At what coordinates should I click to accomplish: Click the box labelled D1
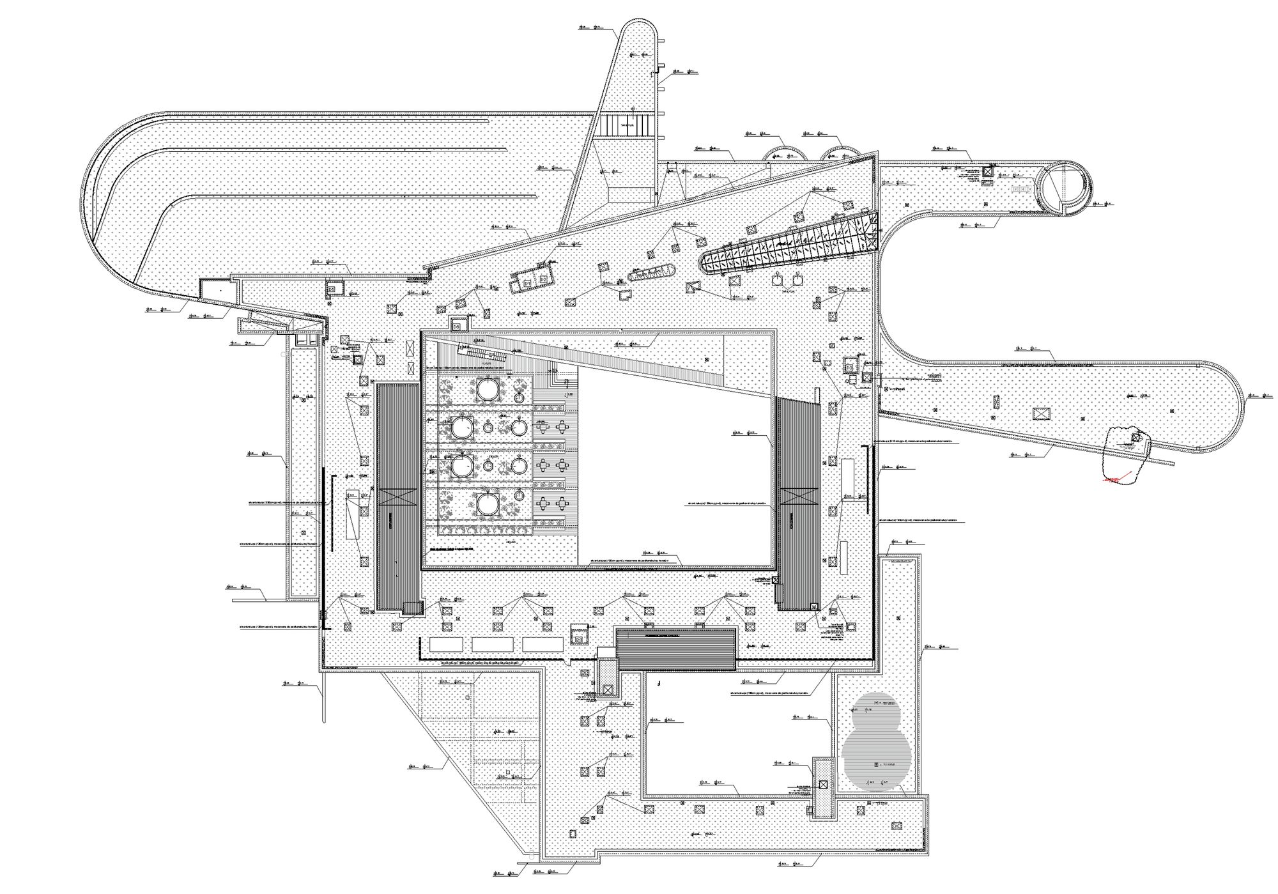(527, 282)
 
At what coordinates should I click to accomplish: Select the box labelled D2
(543, 280)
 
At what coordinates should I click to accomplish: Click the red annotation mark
(1112, 478)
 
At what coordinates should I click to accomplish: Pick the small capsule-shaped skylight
(652, 274)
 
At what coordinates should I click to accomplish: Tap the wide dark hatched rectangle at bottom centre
(676, 647)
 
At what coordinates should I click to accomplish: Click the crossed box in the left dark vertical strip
(397, 497)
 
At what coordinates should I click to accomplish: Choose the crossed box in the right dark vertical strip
(799, 497)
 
